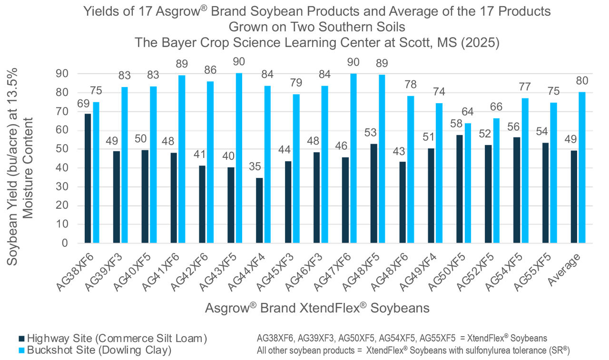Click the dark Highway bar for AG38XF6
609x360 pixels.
point(88,178)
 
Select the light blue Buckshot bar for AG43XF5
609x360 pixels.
point(239,158)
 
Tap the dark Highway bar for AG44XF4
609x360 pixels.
point(259,210)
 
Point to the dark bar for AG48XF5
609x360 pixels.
point(373,193)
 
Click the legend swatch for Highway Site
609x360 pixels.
point(21,339)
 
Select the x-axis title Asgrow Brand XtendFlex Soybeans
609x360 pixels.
point(317,308)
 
